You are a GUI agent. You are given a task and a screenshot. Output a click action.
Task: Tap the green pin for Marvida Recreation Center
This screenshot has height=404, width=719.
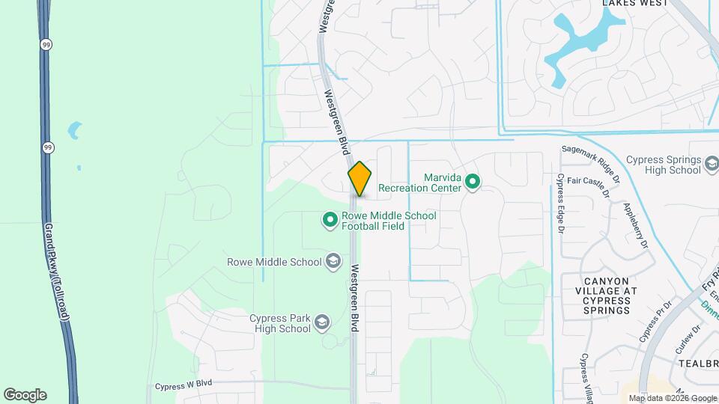[x=472, y=182]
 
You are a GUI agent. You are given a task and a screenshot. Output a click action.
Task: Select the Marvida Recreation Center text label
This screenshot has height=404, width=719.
[x=419, y=183]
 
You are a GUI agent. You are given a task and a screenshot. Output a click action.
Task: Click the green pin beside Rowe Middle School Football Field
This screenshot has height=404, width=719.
[x=330, y=220]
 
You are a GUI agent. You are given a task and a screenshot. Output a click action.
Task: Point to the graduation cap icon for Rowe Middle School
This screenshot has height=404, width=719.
[x=333, y=262]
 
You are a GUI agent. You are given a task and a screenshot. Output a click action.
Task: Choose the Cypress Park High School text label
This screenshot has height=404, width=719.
[x=280, y=323]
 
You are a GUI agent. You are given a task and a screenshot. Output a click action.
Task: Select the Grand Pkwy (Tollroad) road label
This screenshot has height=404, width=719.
[x=56, y=272]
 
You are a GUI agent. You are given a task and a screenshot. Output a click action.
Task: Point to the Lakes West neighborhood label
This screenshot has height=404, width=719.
[x=635, y=4]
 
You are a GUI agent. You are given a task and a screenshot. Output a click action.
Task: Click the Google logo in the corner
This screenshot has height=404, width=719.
[x=25, y=394]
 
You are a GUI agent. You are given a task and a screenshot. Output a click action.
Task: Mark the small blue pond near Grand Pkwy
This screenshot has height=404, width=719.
[x=74, y=131]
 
